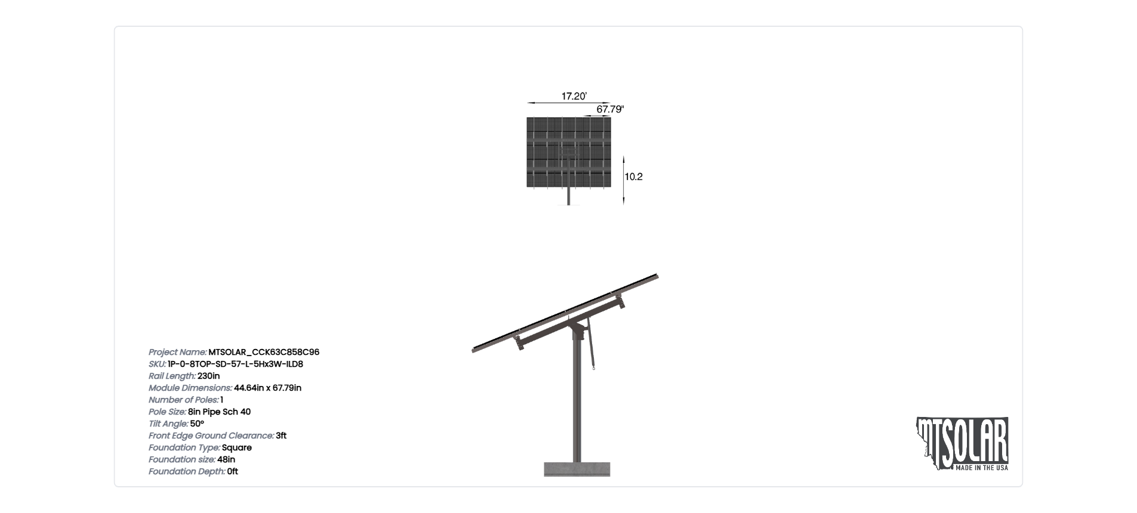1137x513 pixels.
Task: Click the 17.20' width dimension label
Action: [574, 96]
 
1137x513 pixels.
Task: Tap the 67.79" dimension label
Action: [610, 109]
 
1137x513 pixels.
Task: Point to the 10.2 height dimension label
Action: [633, 177]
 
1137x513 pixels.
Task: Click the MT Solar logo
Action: [962, 444]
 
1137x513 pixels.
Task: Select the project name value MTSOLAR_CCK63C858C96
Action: [264, 353]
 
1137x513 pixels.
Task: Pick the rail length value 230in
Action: [208, 376]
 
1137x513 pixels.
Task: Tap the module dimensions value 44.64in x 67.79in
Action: [267, 388]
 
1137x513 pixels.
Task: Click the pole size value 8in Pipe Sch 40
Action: [219, 412]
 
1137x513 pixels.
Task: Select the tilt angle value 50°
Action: [197, 424]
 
